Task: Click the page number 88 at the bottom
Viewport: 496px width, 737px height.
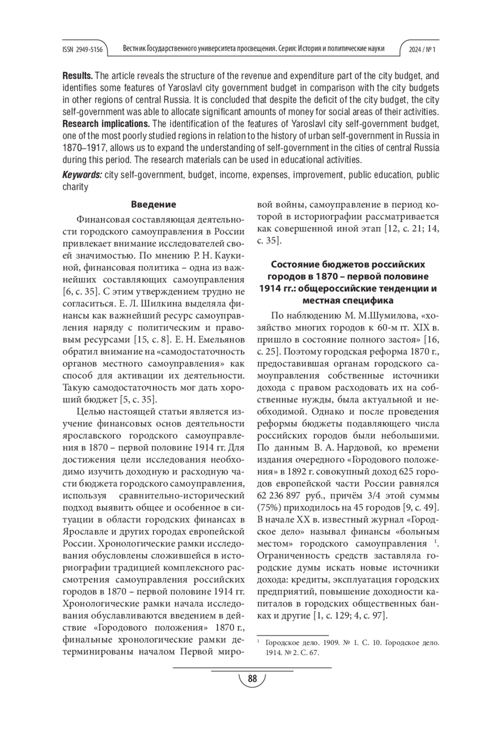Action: click(x=252, y=679)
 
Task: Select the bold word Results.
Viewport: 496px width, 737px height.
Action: click(x=78, y=76)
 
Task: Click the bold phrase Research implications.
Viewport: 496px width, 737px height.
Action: click(x=106, y=124)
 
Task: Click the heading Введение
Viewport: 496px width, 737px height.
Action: click(x=153, y=204)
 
